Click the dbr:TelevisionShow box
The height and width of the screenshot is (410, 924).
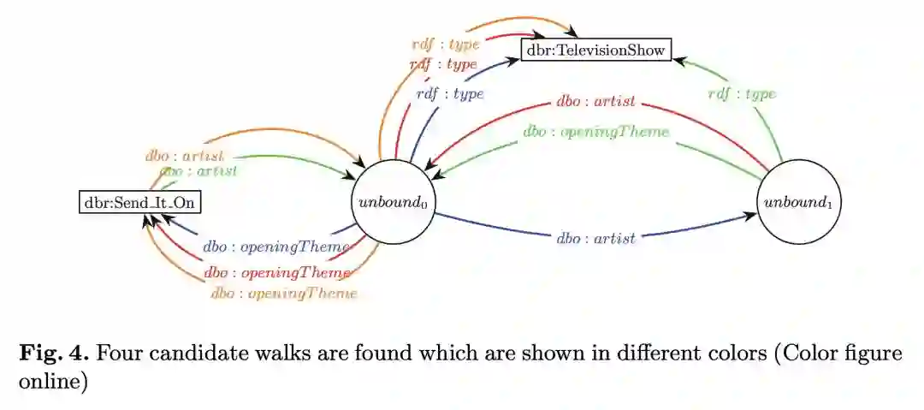(595, 50)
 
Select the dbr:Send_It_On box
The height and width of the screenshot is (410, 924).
(141, 203)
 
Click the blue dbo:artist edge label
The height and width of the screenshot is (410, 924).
(595, 239)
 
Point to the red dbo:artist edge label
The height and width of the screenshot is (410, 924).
(595, 102)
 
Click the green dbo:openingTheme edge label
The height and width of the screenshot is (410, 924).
(595, 133)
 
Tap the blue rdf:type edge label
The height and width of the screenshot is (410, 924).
(450, 94)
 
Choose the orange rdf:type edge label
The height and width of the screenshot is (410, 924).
(445, 44)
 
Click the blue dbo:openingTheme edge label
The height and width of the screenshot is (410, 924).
(276, 247)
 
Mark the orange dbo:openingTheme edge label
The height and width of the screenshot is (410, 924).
(283, 294)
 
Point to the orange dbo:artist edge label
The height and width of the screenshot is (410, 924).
(184, 156)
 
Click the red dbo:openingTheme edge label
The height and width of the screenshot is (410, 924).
(276, 273)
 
